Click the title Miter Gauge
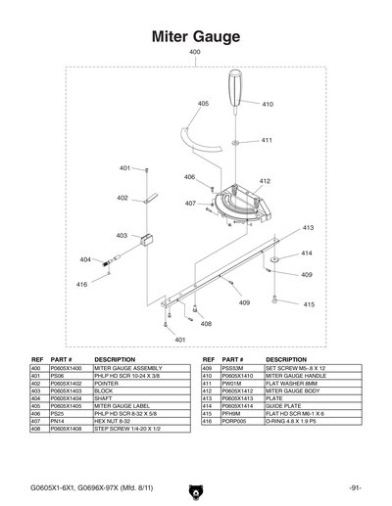(195, 36)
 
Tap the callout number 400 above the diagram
(195, 52)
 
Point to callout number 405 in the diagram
(203, 103)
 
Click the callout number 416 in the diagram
(81, 284)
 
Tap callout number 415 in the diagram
(308, 305)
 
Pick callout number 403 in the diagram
(122, 235)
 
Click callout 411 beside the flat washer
(267, 141)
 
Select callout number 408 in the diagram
(205, 323)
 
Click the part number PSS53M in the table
(233, 368)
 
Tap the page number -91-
(354, 486)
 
